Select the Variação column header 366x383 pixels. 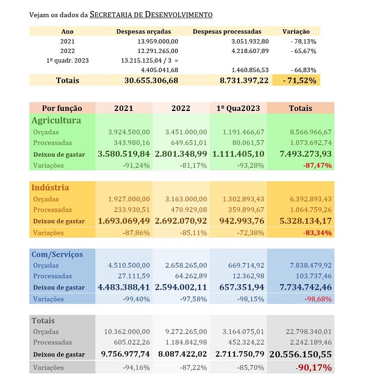coord(296,31)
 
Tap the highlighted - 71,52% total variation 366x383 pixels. coord(296,81)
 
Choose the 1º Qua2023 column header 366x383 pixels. coord(239,108)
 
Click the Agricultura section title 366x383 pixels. coord(56,121)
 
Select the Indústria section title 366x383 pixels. coord(50,187)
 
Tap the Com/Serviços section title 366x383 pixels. coord(57,254)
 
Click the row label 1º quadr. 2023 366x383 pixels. coord(67,61)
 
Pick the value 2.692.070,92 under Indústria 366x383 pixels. coord(181,221)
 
